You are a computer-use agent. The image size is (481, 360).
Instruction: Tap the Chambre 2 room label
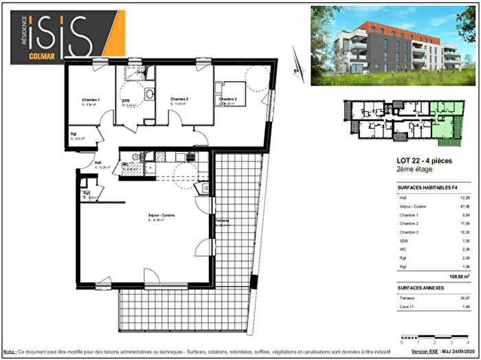[179, 100]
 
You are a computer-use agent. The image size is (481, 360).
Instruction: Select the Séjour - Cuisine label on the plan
[161, 216]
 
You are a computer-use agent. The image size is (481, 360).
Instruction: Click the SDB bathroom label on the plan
[126, 101]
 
